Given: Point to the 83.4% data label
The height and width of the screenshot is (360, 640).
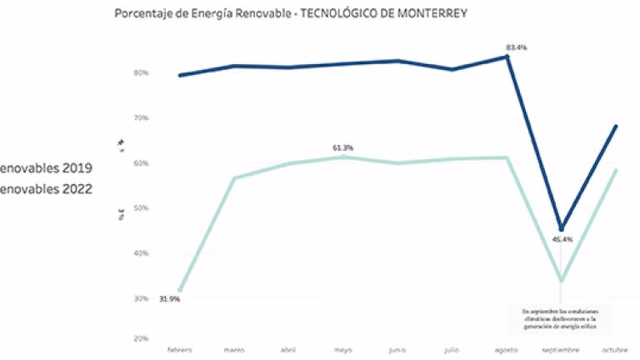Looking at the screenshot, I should point(517,47).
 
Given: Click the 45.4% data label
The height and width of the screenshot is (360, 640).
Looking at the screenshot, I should point(562,240).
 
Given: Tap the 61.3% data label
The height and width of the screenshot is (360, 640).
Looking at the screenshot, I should point(343,147).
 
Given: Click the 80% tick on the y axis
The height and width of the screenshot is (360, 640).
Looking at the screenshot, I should point(140,72).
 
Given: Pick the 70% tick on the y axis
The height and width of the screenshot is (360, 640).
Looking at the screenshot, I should point(140,118).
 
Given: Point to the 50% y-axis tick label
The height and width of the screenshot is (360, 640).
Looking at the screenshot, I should point(140,208).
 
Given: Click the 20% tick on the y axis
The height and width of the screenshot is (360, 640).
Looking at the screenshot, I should point(140,338).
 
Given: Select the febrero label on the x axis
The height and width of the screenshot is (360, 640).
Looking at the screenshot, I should point(180,350).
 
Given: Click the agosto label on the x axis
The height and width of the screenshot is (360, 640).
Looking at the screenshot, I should point(507,350).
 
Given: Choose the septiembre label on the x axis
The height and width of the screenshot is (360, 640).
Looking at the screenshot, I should point(561,350).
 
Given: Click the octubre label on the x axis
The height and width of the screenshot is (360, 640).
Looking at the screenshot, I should point(614,350).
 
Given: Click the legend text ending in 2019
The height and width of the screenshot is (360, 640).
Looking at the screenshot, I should point(46,168).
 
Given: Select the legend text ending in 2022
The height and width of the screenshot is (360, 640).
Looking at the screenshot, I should point(46,188).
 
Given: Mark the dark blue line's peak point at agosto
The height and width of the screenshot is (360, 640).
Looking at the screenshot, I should point(507,57).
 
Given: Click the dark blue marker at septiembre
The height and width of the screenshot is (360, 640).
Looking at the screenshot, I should point(561,229).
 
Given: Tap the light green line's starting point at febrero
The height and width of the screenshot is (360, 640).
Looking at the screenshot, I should point(180,289).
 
